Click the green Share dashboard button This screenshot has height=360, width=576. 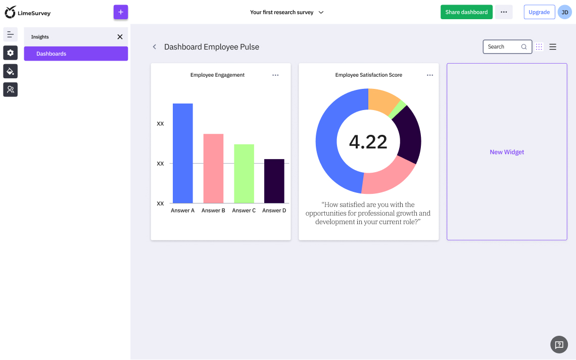pyautogui.click(x=466, y=12)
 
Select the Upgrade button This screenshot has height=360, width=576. pyautogui.click(x=539, y=12)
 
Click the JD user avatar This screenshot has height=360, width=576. pyautogui.click(x=564, y=12)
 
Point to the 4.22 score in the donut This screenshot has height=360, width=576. pyautogui.click(x=368, y=142)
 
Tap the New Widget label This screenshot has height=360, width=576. pyautogui.click(x=507, y=152)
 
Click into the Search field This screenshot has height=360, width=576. pyautogui.click(x=503, y=47)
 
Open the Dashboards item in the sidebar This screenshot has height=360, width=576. pyautogui.click(x=76, y=54)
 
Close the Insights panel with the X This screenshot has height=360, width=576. pyautogui.click(x=120, y=37)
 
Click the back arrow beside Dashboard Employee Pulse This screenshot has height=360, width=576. pyautogui.click(x=155, y=47)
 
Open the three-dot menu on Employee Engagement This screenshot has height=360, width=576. pyautogui.click(x=275, y=75)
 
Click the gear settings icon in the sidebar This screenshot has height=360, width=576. pyautogui.click(x=10, y=53)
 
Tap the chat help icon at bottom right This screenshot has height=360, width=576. pyautogui.click(x=559, y=345)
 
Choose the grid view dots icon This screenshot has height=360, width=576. pyautogui.click(x=539, y=47)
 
